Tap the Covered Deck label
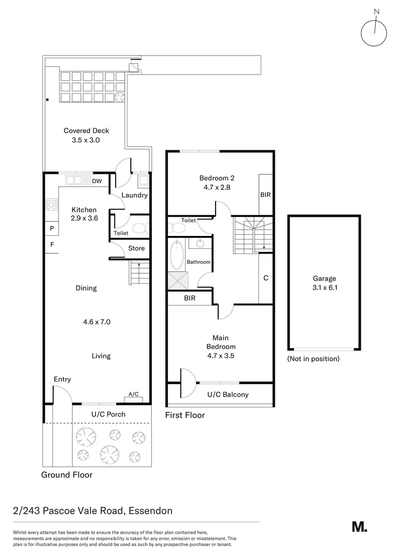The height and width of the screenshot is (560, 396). point(86,131)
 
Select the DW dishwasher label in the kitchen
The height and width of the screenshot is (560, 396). point(97,181)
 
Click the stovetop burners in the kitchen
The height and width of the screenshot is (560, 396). point(51,205)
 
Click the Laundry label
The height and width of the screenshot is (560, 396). point(134,195)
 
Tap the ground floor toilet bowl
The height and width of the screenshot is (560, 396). point(139,228)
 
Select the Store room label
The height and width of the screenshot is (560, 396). point(136,248)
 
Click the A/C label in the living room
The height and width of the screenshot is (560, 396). point(133,394)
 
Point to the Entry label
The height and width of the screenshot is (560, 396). point(62,380)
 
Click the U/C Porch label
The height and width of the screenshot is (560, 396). point(108,414)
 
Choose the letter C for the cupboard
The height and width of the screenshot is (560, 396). point(265,278)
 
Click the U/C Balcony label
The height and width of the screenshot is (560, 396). point(228,395)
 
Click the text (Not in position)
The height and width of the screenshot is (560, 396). point(313,359)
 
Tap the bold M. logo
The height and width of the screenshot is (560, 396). point(359,526)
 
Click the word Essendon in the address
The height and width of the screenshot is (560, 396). point(150,511)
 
